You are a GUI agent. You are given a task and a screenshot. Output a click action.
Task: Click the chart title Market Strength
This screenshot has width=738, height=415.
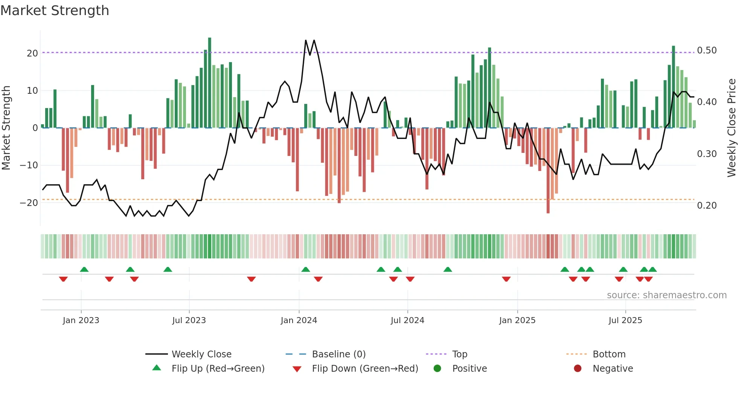(55, 11)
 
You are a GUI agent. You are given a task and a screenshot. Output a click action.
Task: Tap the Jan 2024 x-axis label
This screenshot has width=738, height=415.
(299, 320)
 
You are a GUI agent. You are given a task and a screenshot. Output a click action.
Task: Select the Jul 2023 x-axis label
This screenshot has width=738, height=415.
(189, 320)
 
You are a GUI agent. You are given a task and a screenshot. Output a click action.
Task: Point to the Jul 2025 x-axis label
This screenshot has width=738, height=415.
(625, 320)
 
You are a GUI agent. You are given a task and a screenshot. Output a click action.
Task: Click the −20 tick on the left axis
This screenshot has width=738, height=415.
(29, 203)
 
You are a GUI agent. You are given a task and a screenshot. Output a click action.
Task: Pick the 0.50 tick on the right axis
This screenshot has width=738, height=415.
(707, 50)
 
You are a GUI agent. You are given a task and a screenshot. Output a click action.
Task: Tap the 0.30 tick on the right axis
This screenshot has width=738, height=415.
(707, 154)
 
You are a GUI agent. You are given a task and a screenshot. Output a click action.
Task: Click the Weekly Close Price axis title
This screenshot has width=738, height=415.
(731, 128)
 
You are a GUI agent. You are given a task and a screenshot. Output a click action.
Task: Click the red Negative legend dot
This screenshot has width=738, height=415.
(578, 369)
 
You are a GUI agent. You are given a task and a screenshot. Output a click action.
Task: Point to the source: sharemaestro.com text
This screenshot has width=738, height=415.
(666, 295)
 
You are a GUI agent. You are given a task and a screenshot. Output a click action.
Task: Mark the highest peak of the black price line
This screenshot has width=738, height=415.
(306, 40)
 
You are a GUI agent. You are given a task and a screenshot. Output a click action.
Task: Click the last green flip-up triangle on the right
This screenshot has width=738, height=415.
(653, 270)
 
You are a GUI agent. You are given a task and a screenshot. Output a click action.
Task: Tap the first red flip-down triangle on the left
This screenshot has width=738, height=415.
(63, 279)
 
